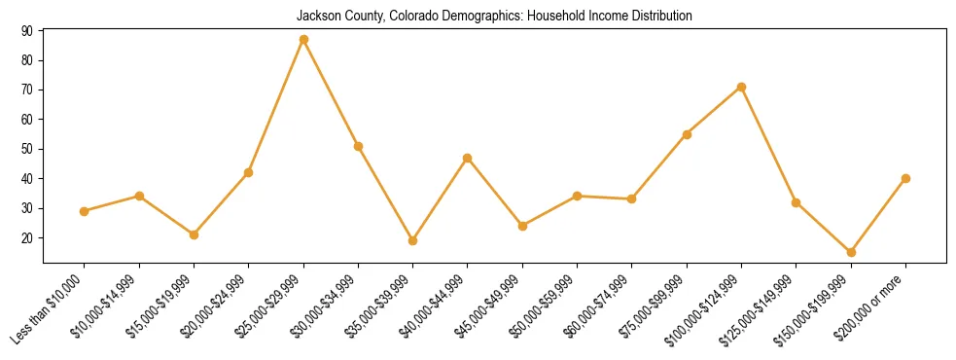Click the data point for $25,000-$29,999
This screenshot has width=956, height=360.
303,40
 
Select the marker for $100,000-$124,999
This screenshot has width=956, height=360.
741,88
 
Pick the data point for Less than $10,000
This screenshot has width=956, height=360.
85,211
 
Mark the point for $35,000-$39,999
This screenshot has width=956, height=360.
412,240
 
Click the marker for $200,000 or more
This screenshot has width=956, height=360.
905,178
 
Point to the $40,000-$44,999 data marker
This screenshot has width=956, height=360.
468,158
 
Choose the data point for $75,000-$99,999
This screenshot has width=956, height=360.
687,134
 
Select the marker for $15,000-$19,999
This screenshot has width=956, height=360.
194,234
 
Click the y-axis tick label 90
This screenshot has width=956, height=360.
26,31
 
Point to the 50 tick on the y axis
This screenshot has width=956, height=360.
26,149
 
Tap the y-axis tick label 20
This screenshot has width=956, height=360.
26,238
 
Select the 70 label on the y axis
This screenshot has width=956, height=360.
26,90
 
